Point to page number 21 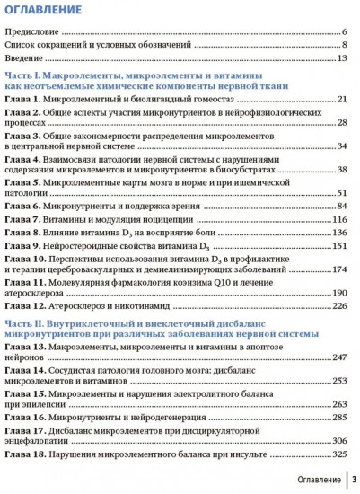pos(342,98)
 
